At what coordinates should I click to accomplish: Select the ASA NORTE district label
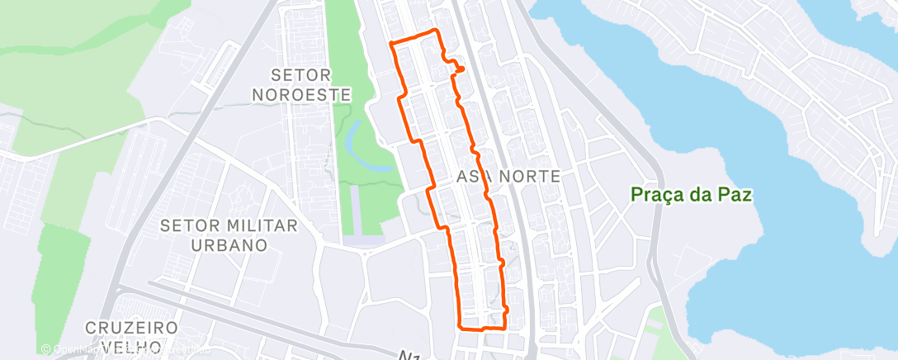pos(508,176)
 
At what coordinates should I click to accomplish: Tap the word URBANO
pos(229,244)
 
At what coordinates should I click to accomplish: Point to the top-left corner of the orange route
pos(391,41)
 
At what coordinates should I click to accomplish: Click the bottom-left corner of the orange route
pos(461,327)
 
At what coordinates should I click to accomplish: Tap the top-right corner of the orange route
pos(437,31)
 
